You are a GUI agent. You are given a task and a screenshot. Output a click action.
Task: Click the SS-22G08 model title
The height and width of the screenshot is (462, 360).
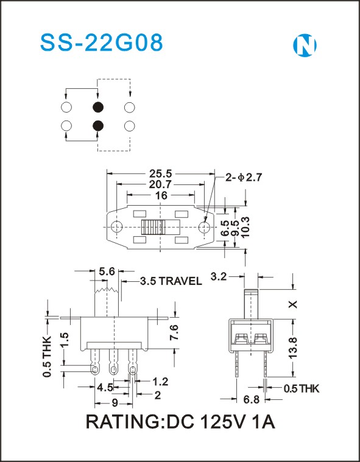(x=102, y=43)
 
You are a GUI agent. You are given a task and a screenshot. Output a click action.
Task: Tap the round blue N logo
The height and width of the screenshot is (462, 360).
(x=305, y=46)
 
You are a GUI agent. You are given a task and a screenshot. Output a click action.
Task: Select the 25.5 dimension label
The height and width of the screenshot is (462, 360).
(x=160, y=174)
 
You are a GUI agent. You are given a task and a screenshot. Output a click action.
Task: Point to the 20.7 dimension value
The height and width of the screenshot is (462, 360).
(x=160, y=185)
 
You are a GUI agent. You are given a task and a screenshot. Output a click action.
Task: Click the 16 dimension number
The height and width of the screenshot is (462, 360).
(x=161, y=195)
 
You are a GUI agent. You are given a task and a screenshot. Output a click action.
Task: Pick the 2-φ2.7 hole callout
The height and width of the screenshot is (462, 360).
(x=244, y=177)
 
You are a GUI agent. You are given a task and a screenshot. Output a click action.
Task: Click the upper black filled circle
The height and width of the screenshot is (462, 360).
(x=98, y=107)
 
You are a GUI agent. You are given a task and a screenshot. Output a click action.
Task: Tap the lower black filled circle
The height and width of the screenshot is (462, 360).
(x=98, y=126)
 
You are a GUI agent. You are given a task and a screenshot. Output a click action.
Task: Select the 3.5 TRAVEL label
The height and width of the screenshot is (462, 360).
(x=171, y=281)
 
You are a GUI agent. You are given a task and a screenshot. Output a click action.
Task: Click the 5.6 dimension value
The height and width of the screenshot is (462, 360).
(x=107, y=271)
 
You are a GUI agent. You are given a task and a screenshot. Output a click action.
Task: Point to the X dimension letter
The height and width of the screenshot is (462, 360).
(x=293, y=304)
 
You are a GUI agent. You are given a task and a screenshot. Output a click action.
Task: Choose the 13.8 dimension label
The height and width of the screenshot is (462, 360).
(x=293, y=348)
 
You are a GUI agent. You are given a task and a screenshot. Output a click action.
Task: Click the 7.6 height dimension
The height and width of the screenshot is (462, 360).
(x=174, y=332)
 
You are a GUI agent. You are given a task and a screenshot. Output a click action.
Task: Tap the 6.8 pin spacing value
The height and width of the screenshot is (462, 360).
(x=252, y=399)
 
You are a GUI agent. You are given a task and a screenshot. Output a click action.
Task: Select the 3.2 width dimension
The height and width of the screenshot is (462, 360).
(x=219, y=277)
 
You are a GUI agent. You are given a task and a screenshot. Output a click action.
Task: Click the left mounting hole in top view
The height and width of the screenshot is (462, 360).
(x=117, y=227)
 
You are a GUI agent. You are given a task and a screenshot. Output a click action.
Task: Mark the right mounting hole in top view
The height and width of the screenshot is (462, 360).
(x=204, y=227)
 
